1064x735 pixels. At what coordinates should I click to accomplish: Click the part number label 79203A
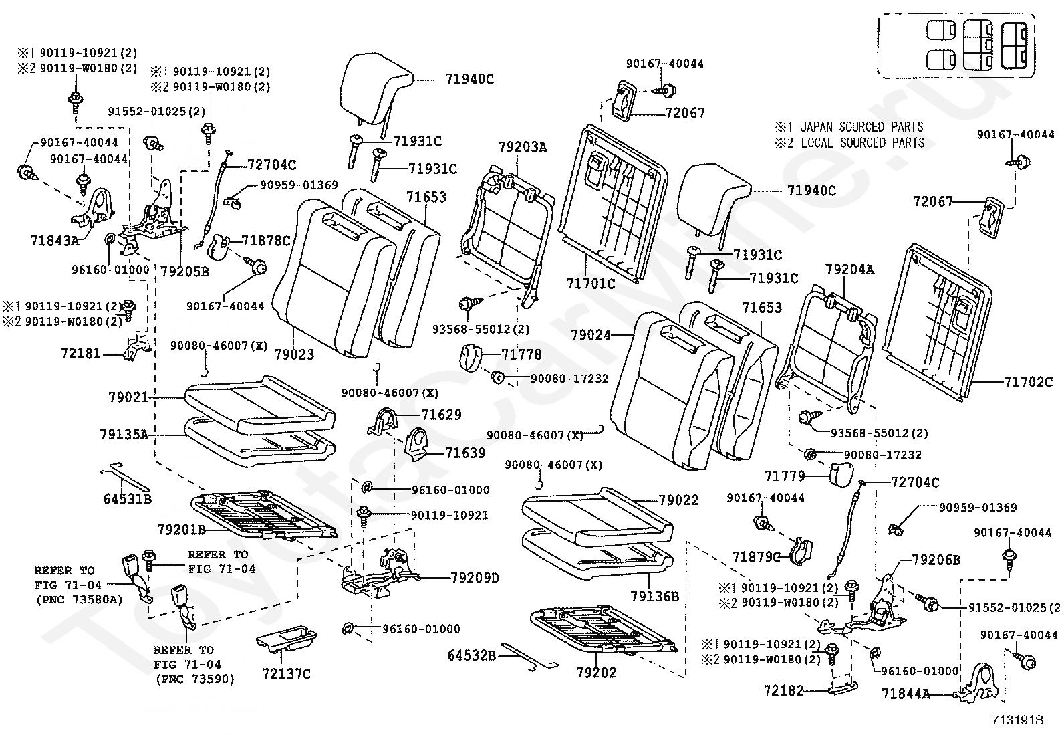522,147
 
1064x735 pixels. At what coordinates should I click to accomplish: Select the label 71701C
591,284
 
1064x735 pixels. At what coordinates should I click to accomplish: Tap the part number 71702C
1028,382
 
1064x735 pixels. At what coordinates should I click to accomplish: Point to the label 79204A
849,270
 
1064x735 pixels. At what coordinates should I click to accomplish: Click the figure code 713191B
1017,720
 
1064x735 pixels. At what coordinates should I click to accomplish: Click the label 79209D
475,578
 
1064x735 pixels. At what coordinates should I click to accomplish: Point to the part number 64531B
127,499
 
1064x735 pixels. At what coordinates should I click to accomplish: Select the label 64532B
472,656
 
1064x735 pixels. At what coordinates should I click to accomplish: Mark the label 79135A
124,435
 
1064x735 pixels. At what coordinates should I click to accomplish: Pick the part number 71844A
906,694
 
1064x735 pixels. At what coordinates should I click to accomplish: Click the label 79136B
654,596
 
